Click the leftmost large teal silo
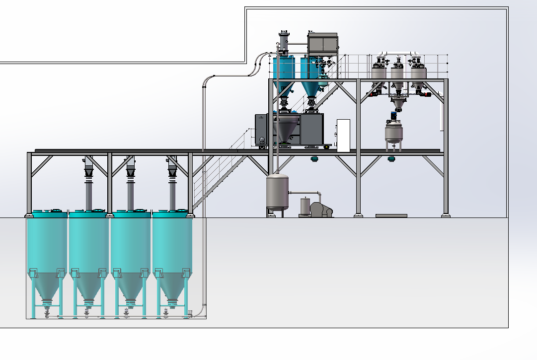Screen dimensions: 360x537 47,248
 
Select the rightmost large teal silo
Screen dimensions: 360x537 172,248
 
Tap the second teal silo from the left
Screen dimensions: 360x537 88,248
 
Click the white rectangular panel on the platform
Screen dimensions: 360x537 343,135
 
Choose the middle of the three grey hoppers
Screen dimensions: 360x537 397,74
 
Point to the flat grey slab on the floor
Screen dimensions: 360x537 391,216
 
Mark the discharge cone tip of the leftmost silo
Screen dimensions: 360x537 47,301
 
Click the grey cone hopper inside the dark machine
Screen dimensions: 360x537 285,132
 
